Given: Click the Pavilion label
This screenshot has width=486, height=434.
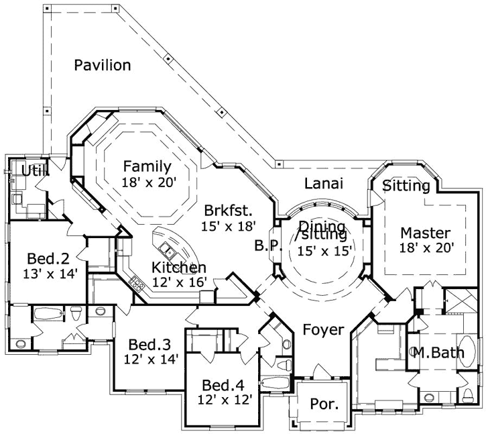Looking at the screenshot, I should pos(102,65).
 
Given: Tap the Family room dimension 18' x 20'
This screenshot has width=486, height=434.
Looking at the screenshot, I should pos(146,182).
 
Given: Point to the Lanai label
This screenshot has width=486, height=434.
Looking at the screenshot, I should pos(324,183).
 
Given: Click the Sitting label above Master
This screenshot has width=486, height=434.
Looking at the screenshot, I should pos(406,186).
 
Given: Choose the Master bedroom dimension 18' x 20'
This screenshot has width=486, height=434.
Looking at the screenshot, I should pos(427,248).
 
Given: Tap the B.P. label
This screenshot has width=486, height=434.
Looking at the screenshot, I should pos(265,246).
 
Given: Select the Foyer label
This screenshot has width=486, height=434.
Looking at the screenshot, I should pos(323,329).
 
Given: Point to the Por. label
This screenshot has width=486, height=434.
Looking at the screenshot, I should pos(324,404).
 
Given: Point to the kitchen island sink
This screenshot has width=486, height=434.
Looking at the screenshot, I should pos(172,253).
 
